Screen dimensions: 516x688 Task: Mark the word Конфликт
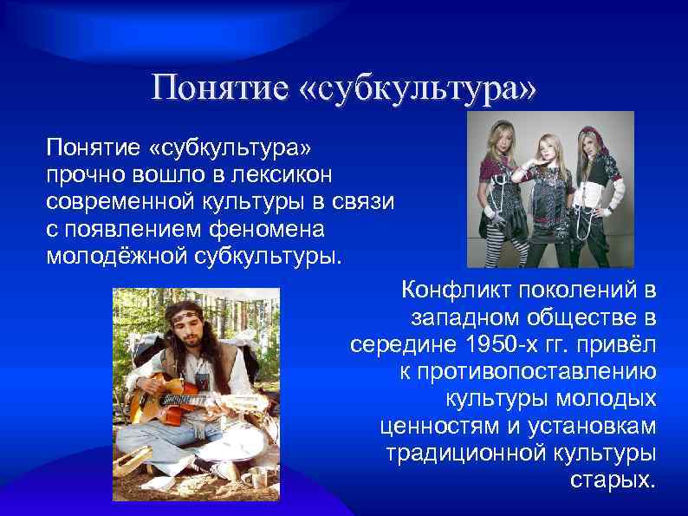tap(452, 289)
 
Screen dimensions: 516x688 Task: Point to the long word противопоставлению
tap(527, 372)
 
